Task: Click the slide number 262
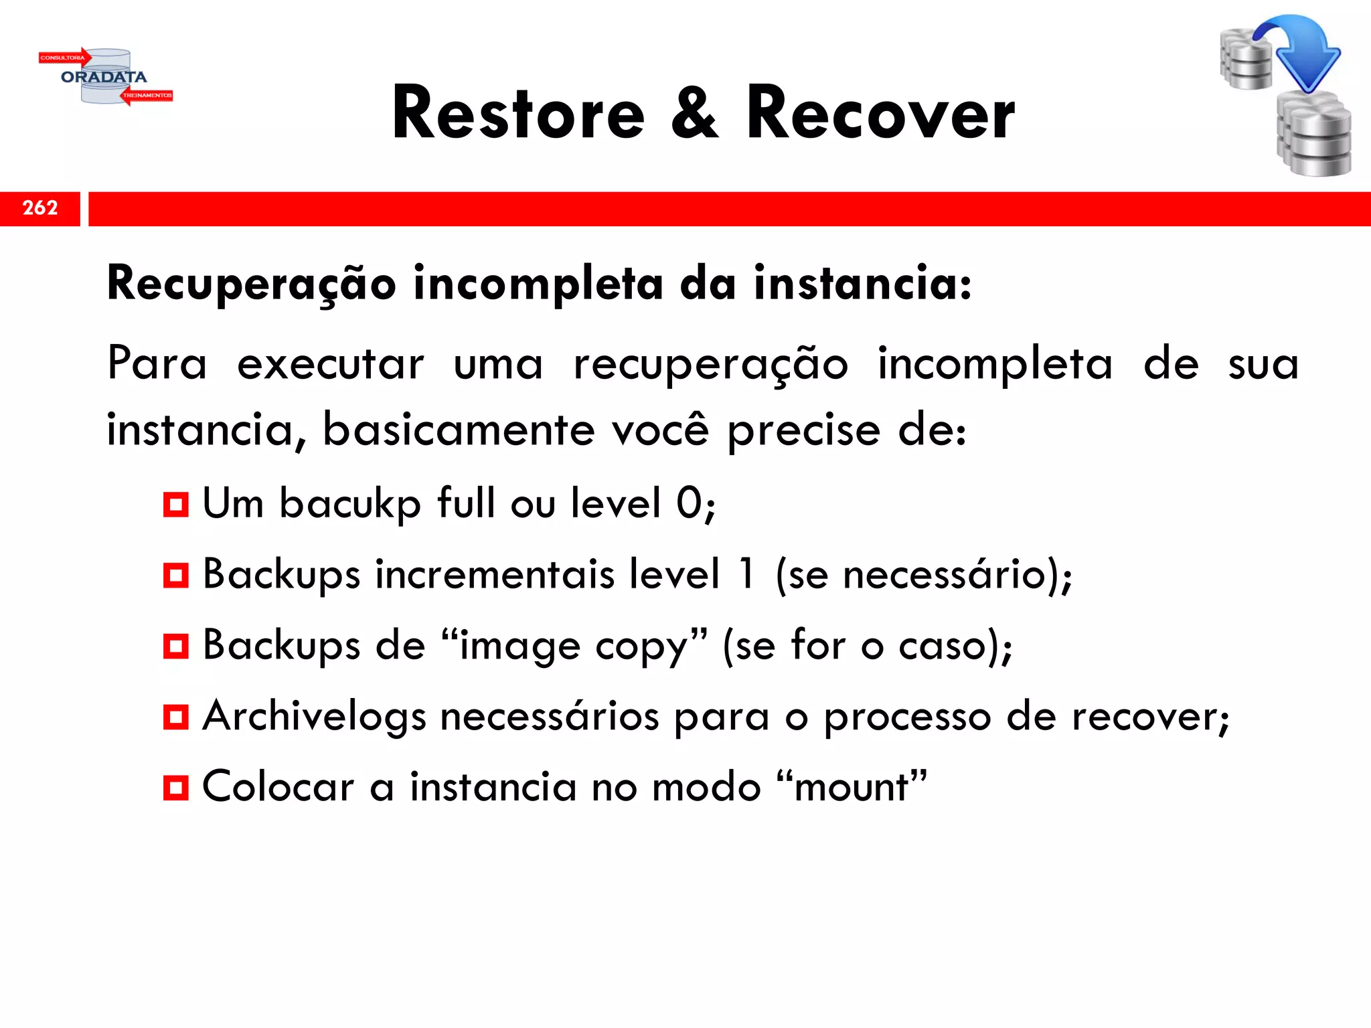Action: (x=40, y=208)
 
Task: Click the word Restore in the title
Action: (x=518, y=114)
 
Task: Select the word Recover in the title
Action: (x=880, y=114)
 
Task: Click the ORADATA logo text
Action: (x=104, y=77)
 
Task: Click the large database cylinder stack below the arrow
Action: (x=1314, y=137)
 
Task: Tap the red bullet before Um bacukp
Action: (x=176, y=504)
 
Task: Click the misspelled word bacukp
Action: (x=350, y=504)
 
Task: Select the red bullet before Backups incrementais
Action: (x=176, y=575)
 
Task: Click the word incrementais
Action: (x=495, y=575)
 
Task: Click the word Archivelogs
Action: (x=314, y=717)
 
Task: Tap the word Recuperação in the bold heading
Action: (x=252, y=284)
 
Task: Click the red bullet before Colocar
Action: (x=176, y=788)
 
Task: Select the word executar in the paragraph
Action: (x=331, y=365)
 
